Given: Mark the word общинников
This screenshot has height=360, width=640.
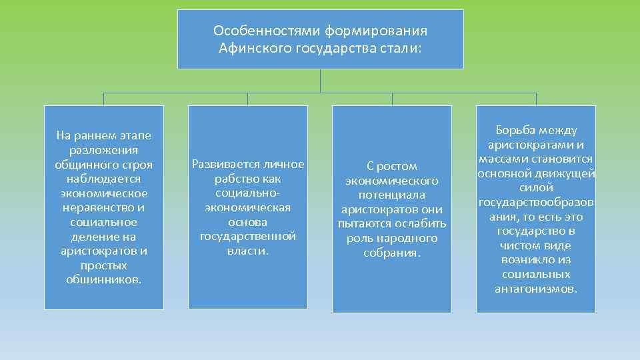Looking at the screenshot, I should pyautogui.click(x=104, y=279).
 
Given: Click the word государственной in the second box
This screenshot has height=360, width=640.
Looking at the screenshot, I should pyautogui.click(x=247, y=237).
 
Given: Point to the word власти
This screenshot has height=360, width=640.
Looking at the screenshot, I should pyautogui.click(x=247, y=251).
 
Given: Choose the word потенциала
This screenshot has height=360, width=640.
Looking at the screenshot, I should pyautogui.click(x=391, y=195).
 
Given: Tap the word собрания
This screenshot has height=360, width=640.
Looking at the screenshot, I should pyautogui.click(x=392, y=253).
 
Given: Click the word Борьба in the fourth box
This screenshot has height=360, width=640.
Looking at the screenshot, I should pyautogui.click(x=517, y=131).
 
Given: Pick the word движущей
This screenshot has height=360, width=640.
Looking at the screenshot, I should pyautogui.click(x=571, y=174).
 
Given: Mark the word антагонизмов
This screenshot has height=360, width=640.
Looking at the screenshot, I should pyautogui.click(x=536, y=289).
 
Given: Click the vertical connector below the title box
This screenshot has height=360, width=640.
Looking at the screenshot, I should pyautogui.click(x=321, y=81).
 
